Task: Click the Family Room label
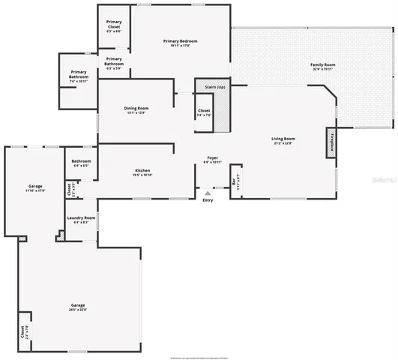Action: pyautogui.click(x=322, y=67)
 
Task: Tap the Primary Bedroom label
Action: pyautogui.click(x=180, y=43)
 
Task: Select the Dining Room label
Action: pyautogui.click(x=136, y=110)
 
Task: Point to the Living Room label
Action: pyautogui.click(x=283, y=140)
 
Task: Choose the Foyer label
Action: pyautogui.click(x=213, y=159)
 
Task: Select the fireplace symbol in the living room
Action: pyautogui.click(x=329, y=142)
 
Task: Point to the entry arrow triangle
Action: pyautogui.click(x=208, y=192)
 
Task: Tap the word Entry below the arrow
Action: pyautogui.click(x=208, y=199)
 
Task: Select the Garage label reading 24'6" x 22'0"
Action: pyautogui.click(x=78, y=307)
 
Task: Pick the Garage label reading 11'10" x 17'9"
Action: pyautogui.click(x=35, y=188)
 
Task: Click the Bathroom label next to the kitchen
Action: pyautogui.click(x=81, y=163)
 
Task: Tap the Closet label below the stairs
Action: pyautogui.click(x=204, y=113)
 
